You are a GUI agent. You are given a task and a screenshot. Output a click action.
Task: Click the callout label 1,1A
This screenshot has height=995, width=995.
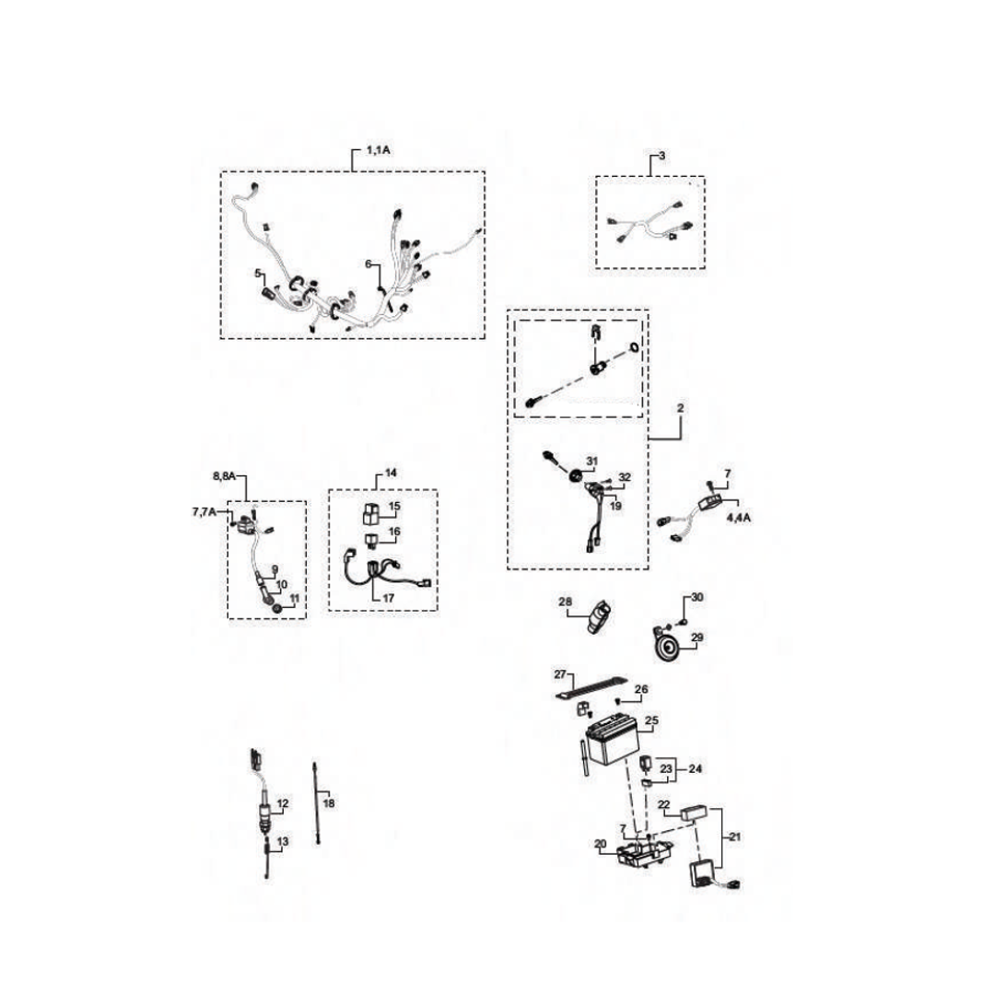[x=379, y=150]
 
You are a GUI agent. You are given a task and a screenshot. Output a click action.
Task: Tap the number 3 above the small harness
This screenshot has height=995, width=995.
[x=661, y=156]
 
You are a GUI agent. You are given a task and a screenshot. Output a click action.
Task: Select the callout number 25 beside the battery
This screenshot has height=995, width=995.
[x=651, y=720]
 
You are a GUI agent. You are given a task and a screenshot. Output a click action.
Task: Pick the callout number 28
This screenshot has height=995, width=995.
[x=566, y=602]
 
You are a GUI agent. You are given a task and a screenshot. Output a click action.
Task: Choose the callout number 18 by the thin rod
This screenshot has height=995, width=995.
[x=329, y=803]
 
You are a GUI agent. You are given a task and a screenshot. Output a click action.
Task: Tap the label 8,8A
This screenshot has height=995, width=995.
[x=224, y=476]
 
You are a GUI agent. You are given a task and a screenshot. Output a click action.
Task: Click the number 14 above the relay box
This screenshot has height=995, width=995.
[x=391, y=473]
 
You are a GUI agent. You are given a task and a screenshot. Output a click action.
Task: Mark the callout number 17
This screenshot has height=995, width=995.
[x=389, y=598]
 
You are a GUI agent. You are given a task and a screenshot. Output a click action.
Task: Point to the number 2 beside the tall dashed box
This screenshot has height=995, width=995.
[x=680, y=408]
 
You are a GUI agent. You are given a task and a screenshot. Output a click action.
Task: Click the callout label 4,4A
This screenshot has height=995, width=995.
[x=739, y=517]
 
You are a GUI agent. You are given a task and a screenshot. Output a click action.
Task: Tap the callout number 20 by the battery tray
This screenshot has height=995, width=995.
[x=601, y=844]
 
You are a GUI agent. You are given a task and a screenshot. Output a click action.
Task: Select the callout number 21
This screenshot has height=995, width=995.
[x=734, y=837]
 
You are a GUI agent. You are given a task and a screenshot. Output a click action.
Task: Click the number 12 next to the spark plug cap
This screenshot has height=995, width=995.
[x=283, y=803]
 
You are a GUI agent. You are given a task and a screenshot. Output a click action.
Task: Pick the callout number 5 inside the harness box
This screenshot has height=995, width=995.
[x=258, y=274]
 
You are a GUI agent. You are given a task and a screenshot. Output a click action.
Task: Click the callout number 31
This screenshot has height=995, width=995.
[x=591, y=462]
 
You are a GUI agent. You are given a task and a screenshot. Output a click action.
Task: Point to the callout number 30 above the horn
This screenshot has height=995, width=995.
[x=697, y=597]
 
